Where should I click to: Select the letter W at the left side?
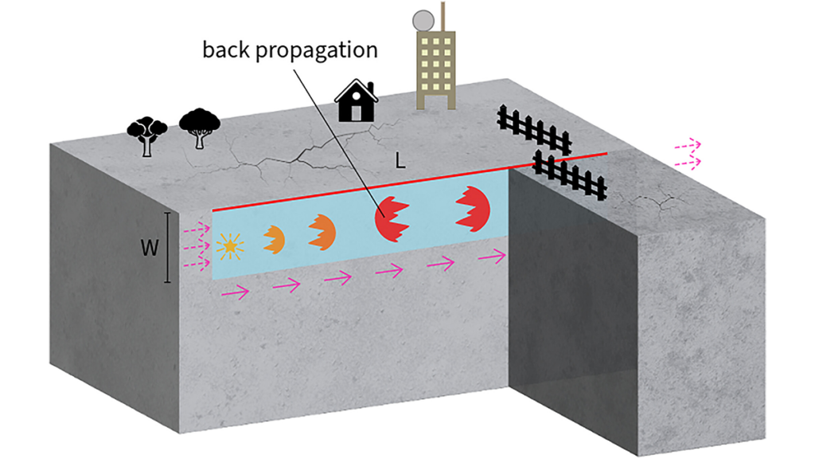point(148,248)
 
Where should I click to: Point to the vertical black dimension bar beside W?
point(167,248)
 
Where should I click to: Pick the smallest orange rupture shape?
point(274,237)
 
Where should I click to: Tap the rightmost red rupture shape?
point(473,208)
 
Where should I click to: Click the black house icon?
point(356,102)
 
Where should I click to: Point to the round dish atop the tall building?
point(424,18)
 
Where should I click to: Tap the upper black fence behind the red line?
point(534,128)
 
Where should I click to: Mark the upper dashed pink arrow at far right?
point(687,146)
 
